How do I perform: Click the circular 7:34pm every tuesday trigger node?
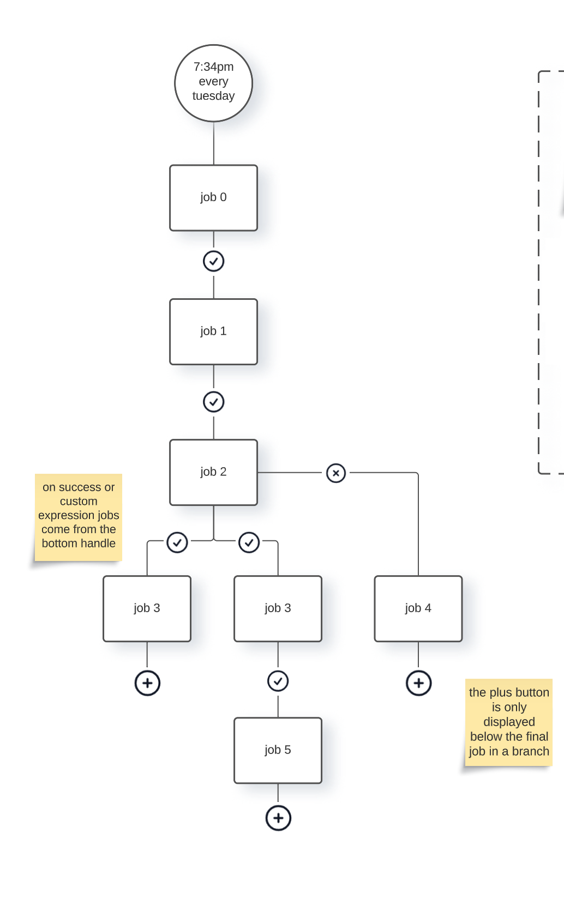click(x=213, y=83)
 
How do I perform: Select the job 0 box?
click(x=213, y=197)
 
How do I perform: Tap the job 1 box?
click(x=213, y=331)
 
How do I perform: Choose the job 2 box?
click(x=213, y=472)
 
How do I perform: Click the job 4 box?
click(x=418, y=608)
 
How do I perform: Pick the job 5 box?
click(x=278, y=750)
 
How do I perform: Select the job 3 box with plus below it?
click(x=147, y=608)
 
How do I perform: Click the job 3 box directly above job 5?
click(x=278, y=608)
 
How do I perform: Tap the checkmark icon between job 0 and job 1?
click(x=213, y=261)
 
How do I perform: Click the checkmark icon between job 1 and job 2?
click(x=213, y=402)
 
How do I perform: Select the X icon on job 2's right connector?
click(x=336, y=473)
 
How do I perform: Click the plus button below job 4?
click(x=418, y=683)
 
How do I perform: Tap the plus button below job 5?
click(x=278, y=818)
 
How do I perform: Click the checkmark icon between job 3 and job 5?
click(x=278, y=681)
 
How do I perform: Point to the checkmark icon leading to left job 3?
click(x=177, y=542)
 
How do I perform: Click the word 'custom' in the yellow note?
click(x=79, y=501)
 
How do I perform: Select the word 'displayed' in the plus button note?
click(x=509, y=722)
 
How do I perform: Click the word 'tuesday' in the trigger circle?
click(x=213, y=96)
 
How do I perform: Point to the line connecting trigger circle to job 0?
click(x=213, y=143)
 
